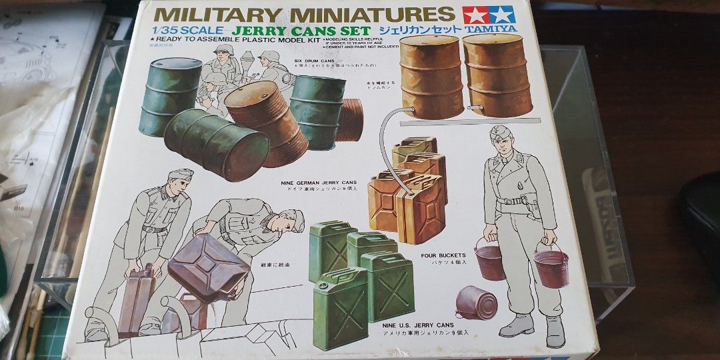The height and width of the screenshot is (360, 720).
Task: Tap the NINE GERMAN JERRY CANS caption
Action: (x=315, y=182)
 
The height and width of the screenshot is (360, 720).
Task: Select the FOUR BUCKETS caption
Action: (x=444, y=255)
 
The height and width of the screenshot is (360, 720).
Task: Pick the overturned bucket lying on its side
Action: (x=477, y=303)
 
